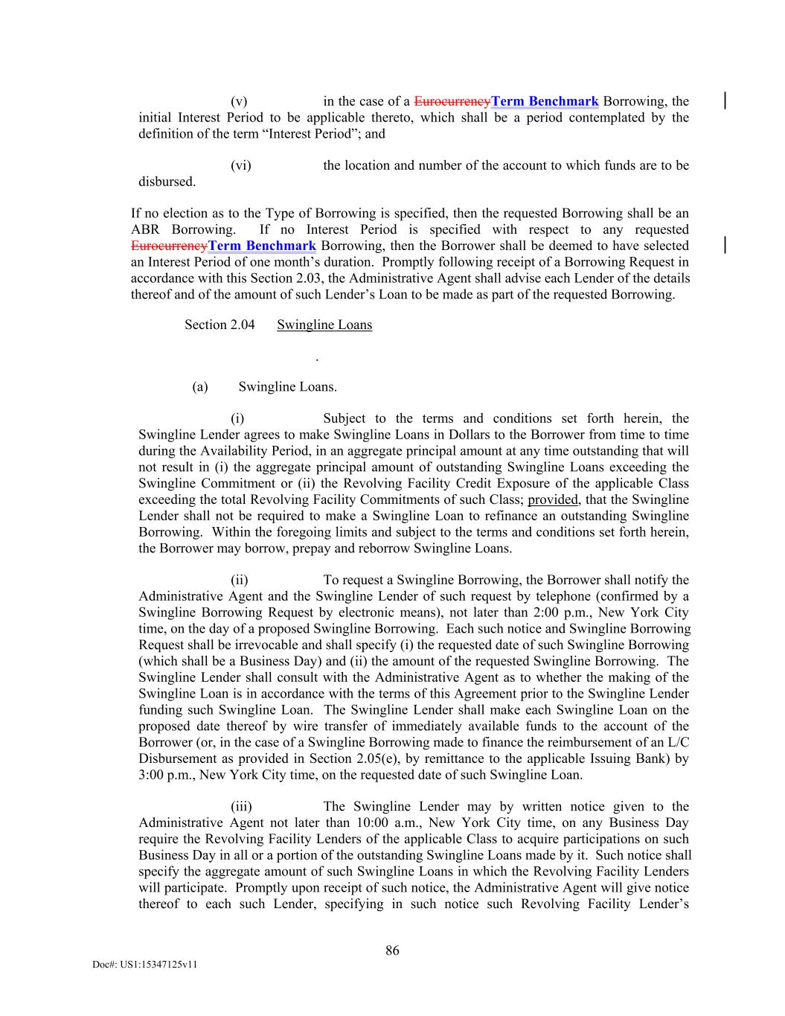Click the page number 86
point(392,950)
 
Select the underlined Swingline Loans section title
point(324,325)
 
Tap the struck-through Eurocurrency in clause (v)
point(452,101)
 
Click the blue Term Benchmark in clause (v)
point(545,101)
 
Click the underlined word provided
point(553,499)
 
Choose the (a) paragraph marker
point(199,387)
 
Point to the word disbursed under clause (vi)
point(167,182)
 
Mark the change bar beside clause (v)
point(725,101)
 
